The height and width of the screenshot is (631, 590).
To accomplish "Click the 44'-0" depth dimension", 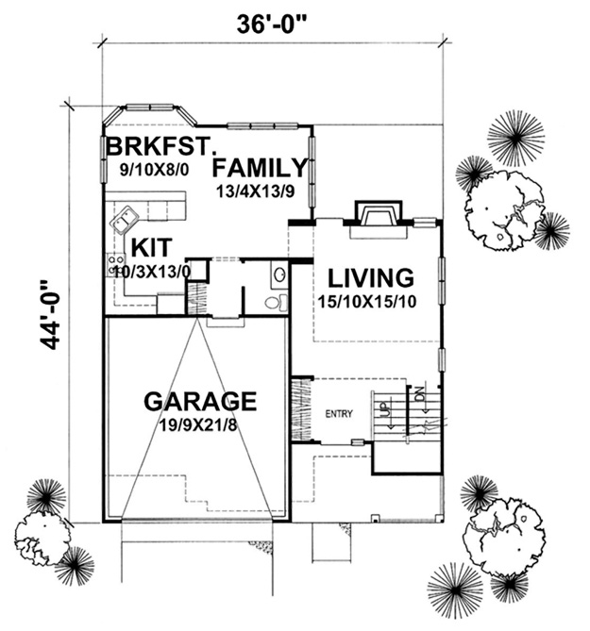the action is click(51, 315).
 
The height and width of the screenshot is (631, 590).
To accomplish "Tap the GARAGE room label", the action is click(200, 401).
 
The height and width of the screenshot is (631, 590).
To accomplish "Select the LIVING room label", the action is click(371, 278).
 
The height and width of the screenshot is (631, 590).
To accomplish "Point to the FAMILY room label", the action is click(260, 168).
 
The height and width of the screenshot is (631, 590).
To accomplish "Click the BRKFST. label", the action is click(160, 146).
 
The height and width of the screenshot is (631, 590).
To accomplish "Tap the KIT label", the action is click(152, 247).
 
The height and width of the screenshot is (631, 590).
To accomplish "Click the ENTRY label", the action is click(339, 414).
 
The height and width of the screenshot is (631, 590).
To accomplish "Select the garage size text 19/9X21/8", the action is click(197, 425).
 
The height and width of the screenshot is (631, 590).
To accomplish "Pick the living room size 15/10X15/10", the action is click(367, 302).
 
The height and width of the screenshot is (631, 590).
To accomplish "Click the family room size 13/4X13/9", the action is click(255, 191).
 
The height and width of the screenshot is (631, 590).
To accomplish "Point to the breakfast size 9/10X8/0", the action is click(154, 170).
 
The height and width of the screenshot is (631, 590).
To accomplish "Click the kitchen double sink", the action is click(125, 220).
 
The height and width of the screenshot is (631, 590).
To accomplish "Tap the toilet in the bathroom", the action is click(278, 302).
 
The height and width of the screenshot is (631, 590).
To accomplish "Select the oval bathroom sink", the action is click(280, 274).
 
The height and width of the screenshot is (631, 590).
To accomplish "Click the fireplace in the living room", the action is click(379, 213).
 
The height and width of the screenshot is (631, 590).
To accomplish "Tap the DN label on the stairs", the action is click(420, 393).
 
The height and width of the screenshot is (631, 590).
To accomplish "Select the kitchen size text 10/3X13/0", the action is click(152, 273).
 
